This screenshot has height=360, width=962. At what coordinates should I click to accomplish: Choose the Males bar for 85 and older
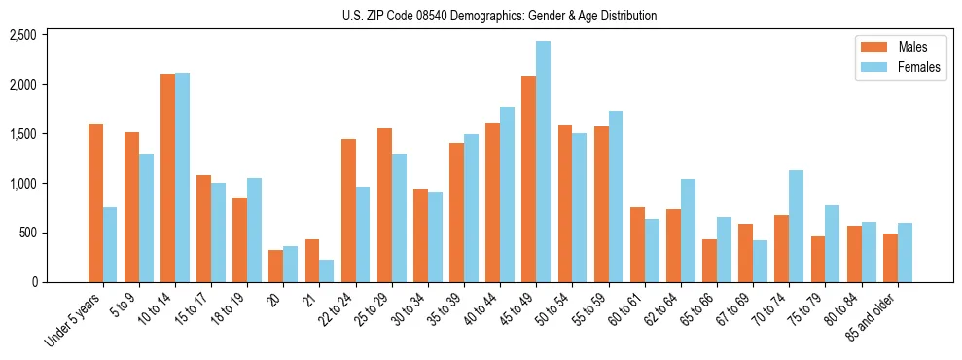[890, 258]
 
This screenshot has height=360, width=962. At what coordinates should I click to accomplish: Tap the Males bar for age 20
[276, 266]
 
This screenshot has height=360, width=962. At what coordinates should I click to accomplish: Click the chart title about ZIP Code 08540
[499, 16]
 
